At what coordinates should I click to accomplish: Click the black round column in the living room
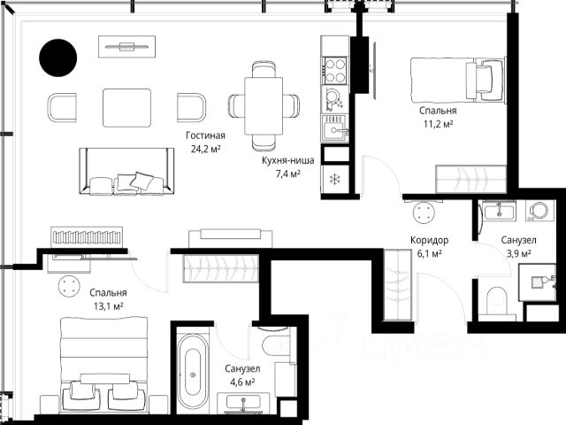pos(57,58)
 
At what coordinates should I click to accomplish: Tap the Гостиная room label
pos(205,135)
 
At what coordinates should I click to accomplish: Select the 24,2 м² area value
pos(205,149)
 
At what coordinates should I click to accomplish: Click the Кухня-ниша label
pos(287,160)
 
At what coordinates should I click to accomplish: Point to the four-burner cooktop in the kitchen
pos(335,71)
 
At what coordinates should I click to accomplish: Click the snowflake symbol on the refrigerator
pos(336,179)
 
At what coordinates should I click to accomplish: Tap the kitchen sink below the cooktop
pos(335,127)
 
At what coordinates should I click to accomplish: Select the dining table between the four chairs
pos(264,106)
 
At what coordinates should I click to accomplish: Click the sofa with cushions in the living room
pos(126,171)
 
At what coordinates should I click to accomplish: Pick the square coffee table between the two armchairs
pos(126,108)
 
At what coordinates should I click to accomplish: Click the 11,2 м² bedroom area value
pos(439,124)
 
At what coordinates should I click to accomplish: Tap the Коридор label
pos(429,240)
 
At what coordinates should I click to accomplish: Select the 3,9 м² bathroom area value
pos(519,253)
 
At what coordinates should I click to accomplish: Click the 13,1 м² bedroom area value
pos(108,306)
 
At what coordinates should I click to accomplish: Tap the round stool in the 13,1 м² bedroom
pos(69,286)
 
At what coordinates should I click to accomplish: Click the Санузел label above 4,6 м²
pos(242,369)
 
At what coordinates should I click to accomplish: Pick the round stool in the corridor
pos(424,212)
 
